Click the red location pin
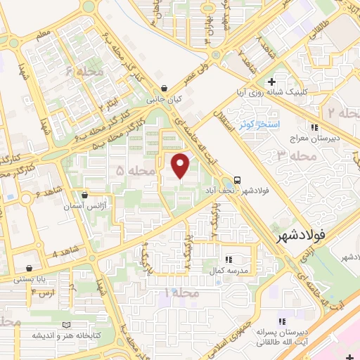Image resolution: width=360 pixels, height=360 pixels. tap(181, 165)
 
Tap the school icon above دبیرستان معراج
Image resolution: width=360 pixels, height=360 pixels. tap(315, 127)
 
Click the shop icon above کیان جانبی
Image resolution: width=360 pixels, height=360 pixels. tap(164, 89)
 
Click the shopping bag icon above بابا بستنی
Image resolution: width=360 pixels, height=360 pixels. tap(29, 268)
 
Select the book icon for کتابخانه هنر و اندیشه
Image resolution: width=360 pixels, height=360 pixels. tap(67, 325)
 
